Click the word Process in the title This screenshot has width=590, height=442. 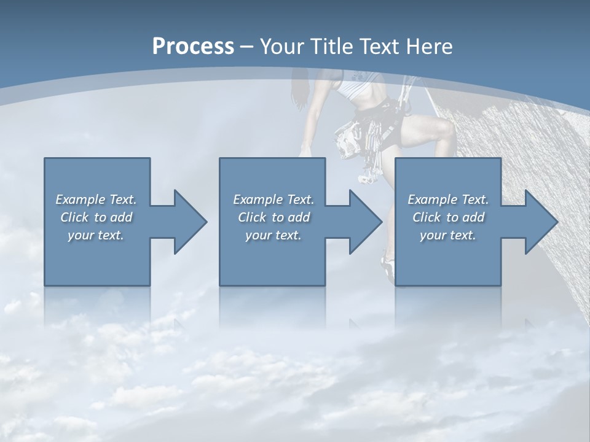click(x=193, y=47)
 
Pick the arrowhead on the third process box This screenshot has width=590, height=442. click(x=540, y=222)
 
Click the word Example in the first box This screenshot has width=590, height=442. click(x=81, y=200)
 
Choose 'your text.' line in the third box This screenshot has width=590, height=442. click(x=447, y=235)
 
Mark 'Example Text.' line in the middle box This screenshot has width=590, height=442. click(x=273, y=200)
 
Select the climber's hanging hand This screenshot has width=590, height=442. click(x=305, y=151)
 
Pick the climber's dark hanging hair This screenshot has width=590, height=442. click(x=299, y=89)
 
